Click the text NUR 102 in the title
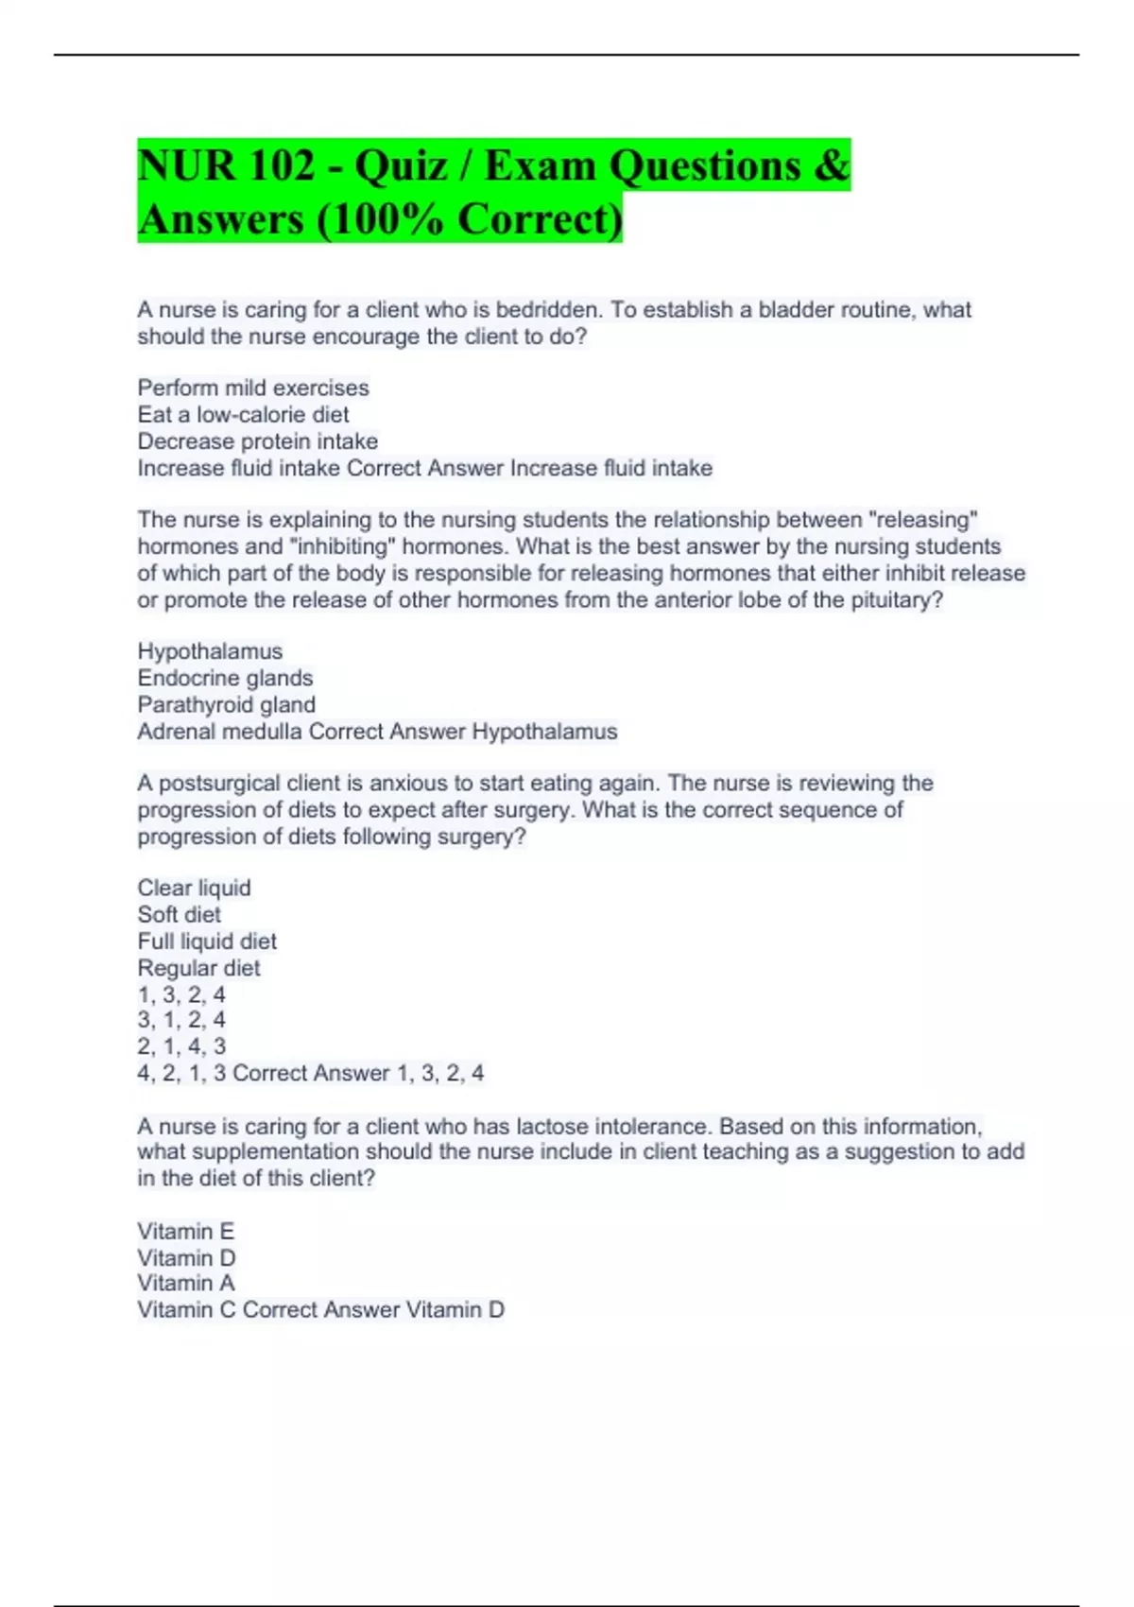pyautogui.click(x=226, y=166)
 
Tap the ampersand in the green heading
pyautogui.click(x=831, y=166)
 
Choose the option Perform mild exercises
pyautogui.click(x=253, y=388)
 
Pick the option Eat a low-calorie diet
pyautogui.click(x=243, y=414)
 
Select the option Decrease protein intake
pyautogui.click(x=257, y=441)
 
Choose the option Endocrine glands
pyautogui.click(x=225, y=678)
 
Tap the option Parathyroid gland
pyautogui.click(x=226, y=704)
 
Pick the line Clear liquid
pyautogui.click(x=194, y=888)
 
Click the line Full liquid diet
pyautogui.click(x=207, y=942)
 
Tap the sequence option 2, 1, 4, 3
pyautogui.click(x=181, y=1046)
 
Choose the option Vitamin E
pyautogui.click(x=185, y=1231)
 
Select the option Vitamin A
pyautogui.click(x=185, y=1283)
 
